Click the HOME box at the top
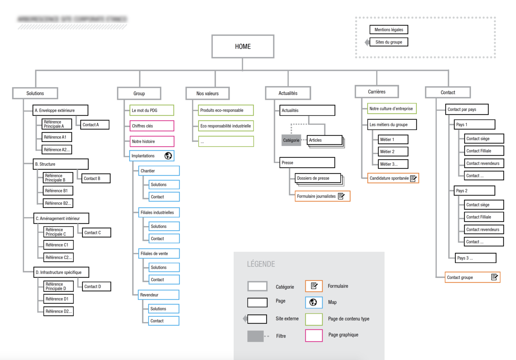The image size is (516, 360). point(243,46)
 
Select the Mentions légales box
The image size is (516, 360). point(389,30)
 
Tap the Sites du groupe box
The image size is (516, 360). point(389,42)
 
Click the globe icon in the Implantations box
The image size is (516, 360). point(168,156)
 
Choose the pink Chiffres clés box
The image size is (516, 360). point(152,126)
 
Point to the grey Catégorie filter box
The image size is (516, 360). point(291,140)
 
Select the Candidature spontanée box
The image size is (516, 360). point(393,178)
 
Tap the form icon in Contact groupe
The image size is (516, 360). point(494,277)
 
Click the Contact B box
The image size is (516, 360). point(96,178)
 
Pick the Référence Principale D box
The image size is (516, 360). point(58,286)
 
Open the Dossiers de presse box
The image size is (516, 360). point(318,178)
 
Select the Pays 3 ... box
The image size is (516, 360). point(475,258)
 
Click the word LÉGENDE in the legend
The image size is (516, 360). point(261,264)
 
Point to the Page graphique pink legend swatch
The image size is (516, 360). point(314,335)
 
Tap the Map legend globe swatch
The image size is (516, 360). point(313,302)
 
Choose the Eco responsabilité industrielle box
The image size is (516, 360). point(226,126)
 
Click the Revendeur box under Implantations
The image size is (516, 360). point(159,295)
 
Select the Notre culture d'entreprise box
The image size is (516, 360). point(392,109)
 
